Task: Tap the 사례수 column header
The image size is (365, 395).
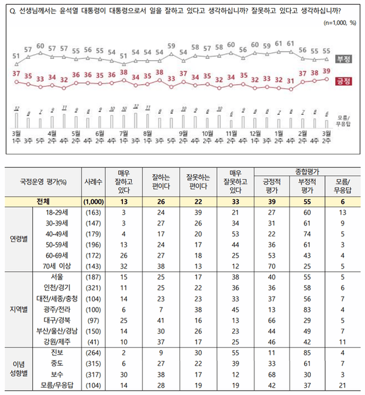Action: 85,180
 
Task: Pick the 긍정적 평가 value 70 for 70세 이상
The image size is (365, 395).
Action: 269,265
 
